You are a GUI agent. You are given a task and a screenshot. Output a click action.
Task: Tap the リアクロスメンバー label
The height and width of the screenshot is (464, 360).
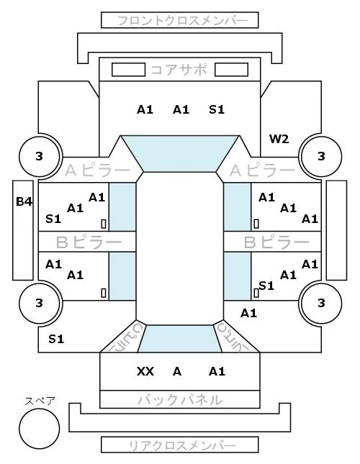click(182, 445)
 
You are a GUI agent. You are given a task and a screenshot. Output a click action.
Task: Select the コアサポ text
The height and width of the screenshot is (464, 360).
click(179, 70)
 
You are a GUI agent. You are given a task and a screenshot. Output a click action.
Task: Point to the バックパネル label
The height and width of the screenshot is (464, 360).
click(180, 400)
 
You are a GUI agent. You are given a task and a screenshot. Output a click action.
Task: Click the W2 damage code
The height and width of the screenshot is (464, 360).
click(279, 139)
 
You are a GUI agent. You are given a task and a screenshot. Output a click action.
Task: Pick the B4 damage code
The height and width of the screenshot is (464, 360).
click(24, 201)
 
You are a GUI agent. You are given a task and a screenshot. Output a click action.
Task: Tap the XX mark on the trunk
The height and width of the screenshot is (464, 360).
click(145, 371)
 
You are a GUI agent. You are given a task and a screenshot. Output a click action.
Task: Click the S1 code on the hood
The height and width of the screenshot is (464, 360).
click(217, 110)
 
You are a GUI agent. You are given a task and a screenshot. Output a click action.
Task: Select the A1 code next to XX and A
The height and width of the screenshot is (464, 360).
click(217, 371)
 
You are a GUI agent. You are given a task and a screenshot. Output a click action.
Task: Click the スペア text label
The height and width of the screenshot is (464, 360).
click(40, 401)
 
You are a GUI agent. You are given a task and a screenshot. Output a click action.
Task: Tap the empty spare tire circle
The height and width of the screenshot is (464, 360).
click(40, 429)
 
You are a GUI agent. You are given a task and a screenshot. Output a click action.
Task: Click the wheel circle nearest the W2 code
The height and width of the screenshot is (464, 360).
click(321, 156)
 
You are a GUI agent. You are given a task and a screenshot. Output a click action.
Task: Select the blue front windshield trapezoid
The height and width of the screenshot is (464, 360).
click(180, 153)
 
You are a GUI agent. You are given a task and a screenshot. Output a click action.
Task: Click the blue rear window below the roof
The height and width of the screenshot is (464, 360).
click(180, 339)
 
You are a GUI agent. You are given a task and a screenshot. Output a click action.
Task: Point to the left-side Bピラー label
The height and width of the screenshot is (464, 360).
click(89, 242)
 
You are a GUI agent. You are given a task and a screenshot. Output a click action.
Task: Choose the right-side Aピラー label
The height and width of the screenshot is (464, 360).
click(262, 170)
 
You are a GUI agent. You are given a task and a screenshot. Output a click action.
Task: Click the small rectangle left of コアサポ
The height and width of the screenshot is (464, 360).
click(128, 70)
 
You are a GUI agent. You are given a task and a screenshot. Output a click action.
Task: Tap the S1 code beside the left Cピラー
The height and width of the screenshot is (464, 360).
click(56, 339)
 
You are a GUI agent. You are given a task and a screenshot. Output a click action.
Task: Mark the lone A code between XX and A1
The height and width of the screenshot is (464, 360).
click(177, 371)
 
